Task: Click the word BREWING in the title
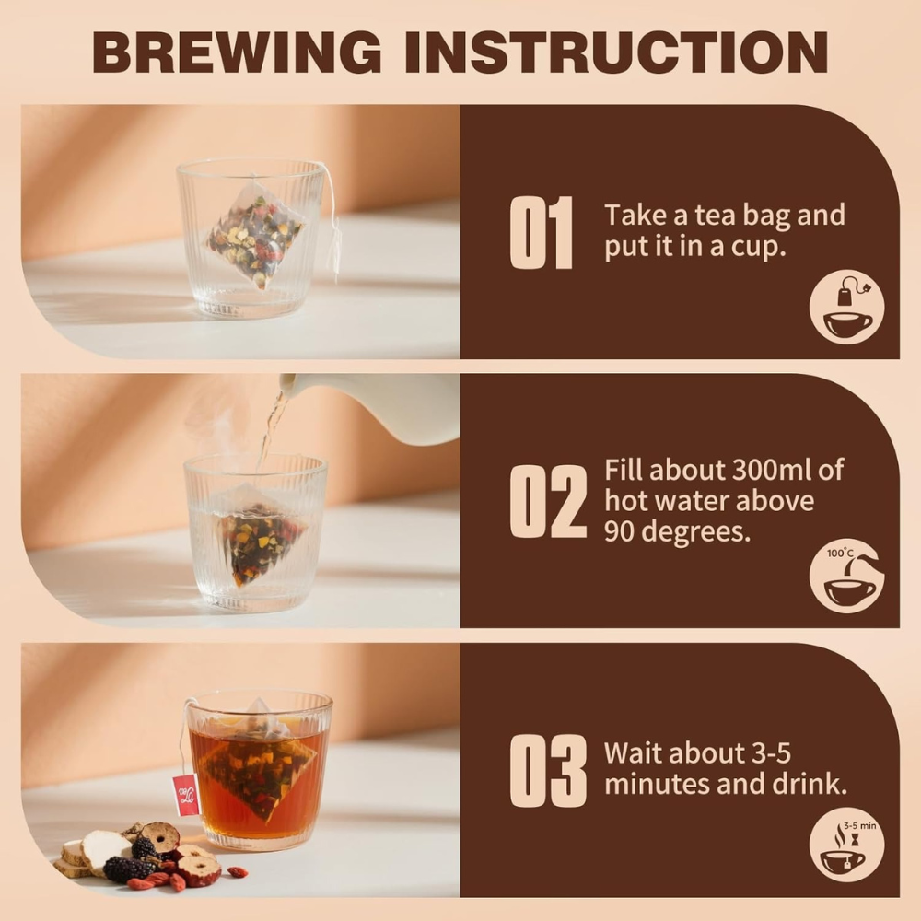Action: point(236,53)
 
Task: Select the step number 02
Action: point(547,502)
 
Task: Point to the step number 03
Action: point(547,771)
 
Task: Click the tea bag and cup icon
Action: point(846,308)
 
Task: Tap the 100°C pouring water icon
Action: point(846,577)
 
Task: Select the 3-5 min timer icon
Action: point(846,845)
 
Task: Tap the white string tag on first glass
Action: point(335,244)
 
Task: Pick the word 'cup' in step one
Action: point(766,248)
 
